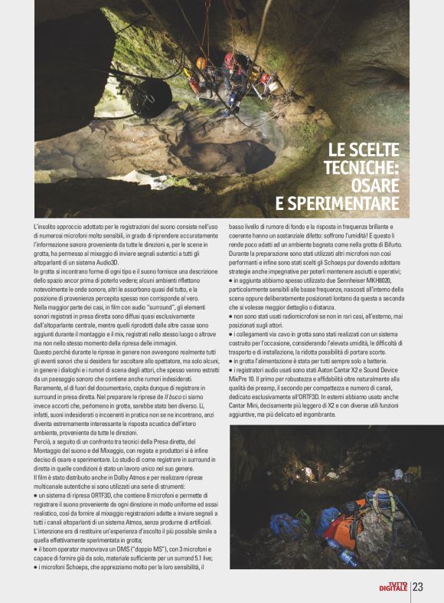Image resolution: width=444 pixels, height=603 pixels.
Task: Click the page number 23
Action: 419,588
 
